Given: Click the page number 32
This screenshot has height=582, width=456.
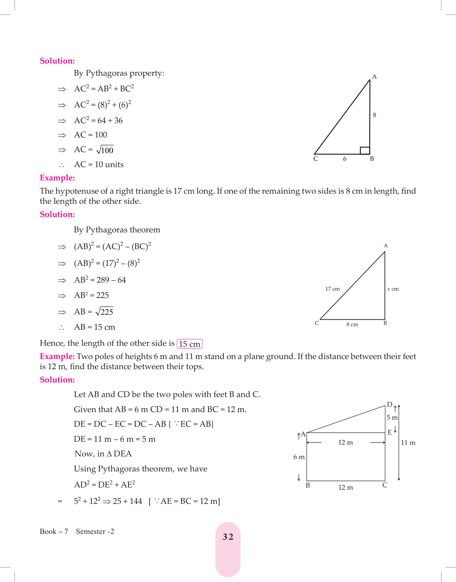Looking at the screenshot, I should click(228, 537).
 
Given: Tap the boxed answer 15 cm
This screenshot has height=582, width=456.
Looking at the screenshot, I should click(190, 344).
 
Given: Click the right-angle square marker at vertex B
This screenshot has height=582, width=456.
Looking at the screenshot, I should click(365, 150).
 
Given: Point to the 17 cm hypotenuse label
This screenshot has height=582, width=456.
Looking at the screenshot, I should click(332, 289).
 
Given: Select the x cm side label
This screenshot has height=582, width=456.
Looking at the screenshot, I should click(393, 289).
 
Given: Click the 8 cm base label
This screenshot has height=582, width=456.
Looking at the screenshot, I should click(352, 324).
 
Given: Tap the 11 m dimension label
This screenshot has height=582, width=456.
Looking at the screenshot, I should click(408, 443).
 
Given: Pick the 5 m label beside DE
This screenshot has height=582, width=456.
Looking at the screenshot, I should click(392, 418).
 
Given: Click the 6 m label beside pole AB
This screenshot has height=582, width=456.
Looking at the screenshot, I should click(299, 457).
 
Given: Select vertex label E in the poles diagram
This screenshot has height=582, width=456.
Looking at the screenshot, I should click(389, 433).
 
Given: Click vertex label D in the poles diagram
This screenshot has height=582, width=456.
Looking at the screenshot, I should click(389, 405).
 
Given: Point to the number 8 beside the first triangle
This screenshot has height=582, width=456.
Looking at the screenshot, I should click(374, 115).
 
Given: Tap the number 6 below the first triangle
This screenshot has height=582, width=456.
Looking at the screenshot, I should click(344, 159).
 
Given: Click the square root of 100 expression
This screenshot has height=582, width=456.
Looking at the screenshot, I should click(105, 150).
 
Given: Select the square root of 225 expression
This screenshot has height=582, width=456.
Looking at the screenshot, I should click(104, 312).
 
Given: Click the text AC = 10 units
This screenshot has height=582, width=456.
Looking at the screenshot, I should click(99, 165).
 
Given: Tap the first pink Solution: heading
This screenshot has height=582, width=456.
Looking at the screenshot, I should click(57, 61).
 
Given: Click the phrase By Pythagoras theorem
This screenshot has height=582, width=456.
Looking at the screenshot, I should click(117, 230).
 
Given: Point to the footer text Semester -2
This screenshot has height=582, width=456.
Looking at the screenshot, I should click(95, 531).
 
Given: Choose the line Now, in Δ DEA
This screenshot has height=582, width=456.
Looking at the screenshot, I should click(103, 454).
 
